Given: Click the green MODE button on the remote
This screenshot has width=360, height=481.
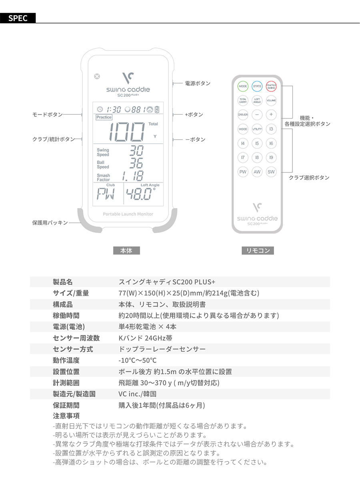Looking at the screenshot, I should [x=243, y=86].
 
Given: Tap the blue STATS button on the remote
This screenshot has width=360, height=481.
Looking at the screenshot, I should [x=257, y=86].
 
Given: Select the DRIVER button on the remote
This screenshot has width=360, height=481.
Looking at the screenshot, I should [x=243, y=114].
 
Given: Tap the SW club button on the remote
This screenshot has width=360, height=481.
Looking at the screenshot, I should [x=271, y=172].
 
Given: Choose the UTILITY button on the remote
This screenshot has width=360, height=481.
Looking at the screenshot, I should [x=257, y=129].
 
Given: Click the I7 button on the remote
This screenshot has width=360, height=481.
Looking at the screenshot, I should [x=243, y=158].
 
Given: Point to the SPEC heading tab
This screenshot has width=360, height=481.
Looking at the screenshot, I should [x=18, y=18].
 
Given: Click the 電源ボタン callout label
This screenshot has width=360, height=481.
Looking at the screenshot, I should [x=198, y=83].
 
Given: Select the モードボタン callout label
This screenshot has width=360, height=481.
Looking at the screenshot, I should [x=47, y=114].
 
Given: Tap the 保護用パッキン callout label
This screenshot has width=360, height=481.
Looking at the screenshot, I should [x=50, y=222].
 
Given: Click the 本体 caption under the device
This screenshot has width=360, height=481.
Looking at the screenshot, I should [x=126, y=251].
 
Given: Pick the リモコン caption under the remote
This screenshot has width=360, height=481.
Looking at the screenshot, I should [x=257, y=251].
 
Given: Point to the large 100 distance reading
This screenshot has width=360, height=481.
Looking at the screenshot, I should [x=127, y=131].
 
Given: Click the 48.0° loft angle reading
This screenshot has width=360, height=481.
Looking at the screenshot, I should [x=141, y=195].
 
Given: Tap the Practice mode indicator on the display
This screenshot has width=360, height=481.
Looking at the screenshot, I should [x=104, y=117].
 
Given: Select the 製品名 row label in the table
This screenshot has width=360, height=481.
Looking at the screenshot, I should [x=63, y=282].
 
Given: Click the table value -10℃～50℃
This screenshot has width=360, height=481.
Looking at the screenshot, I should [x=137, y=360].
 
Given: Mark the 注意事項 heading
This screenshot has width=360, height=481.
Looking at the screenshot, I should [x=66, y=415].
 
